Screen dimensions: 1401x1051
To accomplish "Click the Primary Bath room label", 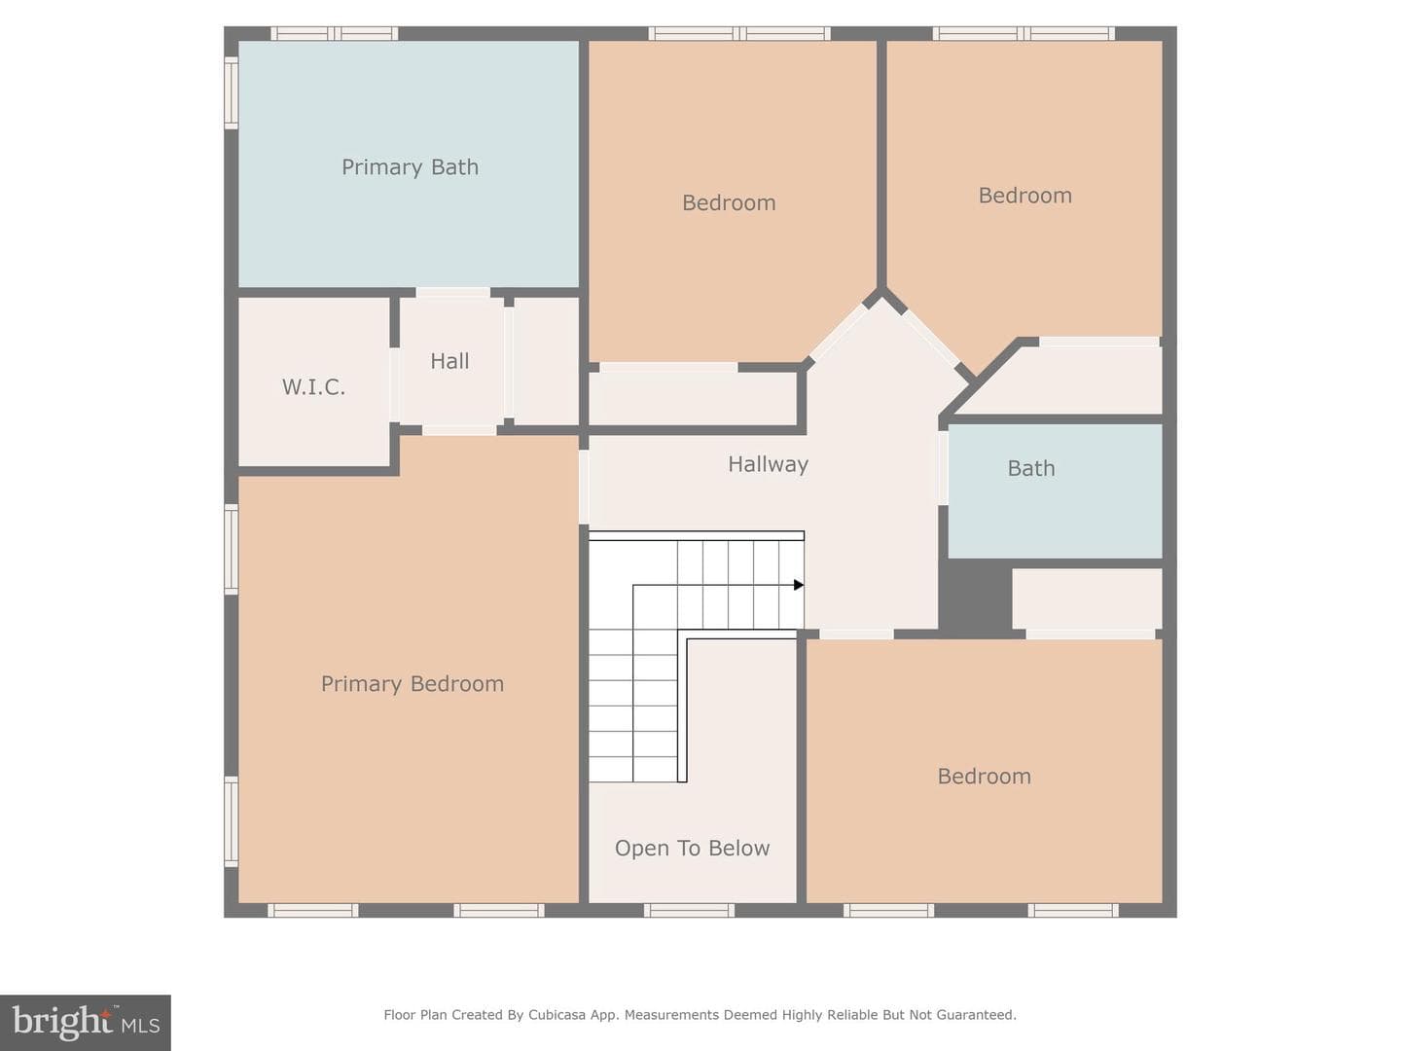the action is (410, 167).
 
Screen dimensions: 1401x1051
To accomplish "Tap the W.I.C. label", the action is (313, 386).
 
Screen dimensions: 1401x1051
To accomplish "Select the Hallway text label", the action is (768, 464).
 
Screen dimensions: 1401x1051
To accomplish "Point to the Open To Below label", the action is (692, 848).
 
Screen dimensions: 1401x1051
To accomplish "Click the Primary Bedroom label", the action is (413, 684).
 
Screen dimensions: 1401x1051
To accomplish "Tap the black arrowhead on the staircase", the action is (799, 585).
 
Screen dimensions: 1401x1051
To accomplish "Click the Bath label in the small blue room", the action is (1030, 468).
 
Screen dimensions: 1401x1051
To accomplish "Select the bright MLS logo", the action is (86, 1022).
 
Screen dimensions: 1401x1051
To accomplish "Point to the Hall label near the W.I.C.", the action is (449, 361).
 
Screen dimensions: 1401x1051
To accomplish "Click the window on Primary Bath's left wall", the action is (231, 93).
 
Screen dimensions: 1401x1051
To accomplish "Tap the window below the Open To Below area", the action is (689, 910).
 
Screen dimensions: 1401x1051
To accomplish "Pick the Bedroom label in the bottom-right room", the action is (985, 777).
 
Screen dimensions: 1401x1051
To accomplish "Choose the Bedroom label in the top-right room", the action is (1025, 196).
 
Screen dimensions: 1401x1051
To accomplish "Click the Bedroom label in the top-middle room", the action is (729, 203).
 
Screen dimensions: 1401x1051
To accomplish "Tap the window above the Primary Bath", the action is (335, 33).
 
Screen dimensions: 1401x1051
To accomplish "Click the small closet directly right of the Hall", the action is (546, 360).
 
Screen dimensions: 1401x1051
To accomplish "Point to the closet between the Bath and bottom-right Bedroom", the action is (1087, 598).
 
